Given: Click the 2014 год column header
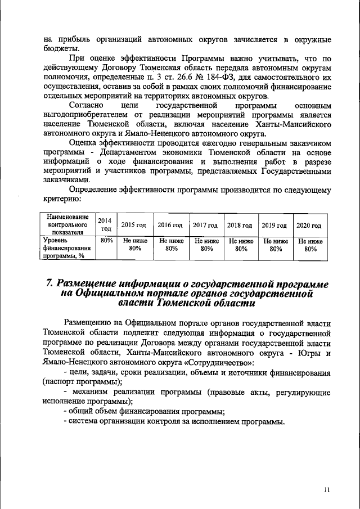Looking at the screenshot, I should coord(103,225).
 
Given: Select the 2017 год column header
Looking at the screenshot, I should coord(206,225).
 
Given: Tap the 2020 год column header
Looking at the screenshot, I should coord(308,225).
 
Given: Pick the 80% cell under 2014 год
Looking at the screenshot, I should coord(103,241).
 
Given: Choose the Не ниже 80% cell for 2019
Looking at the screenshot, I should coord(275,245).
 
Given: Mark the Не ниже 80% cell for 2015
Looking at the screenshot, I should coord(134,245).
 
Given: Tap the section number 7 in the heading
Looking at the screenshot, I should coord(49,282).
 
